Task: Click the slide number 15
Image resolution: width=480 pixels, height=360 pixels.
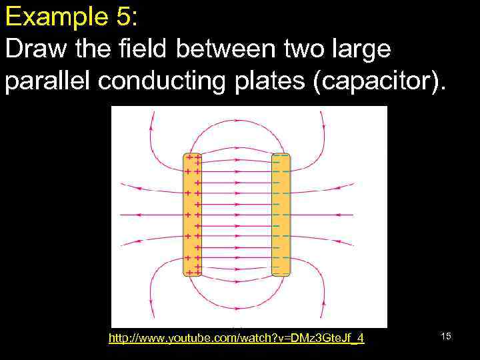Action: (x=446, y=336)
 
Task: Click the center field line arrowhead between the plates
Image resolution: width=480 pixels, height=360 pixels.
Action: (x=237, y=215)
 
